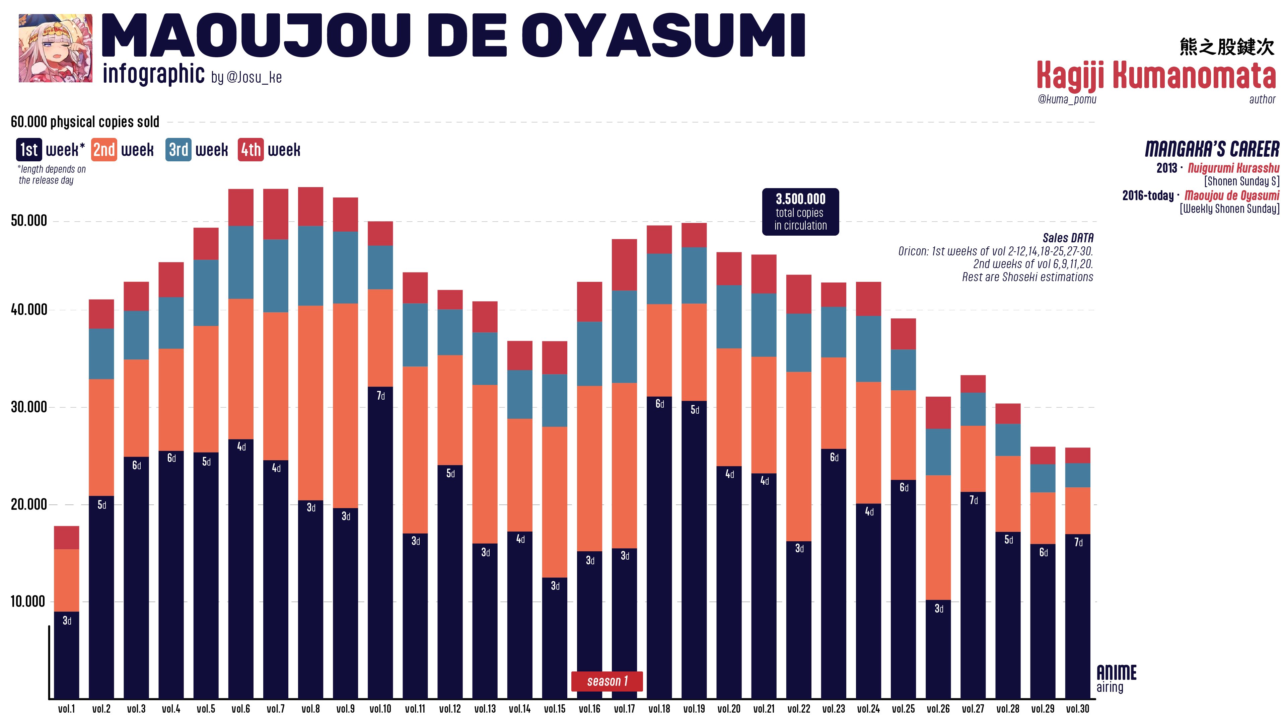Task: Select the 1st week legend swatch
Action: point(29,150)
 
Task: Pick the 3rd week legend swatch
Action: point(178,150)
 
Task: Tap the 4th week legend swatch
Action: point(251,150)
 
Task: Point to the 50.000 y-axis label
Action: point(29,221)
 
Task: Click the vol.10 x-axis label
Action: point(380,709)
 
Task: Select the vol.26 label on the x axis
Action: point(938,709)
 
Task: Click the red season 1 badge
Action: point(606,681)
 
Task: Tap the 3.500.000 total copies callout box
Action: point(800,212)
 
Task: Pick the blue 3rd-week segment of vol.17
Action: point(625,337)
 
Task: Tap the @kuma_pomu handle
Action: point(1067,99)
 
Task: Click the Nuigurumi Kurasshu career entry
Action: point(1233,168)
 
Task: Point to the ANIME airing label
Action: point(1116,678)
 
